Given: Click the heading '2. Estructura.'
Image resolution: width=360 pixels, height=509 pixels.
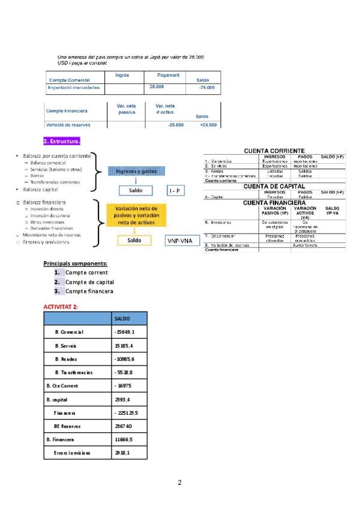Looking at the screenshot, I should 62,142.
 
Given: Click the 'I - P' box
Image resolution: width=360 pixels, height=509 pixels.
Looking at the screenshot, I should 174,190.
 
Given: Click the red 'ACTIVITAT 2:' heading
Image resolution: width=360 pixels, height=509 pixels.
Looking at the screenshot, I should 61,307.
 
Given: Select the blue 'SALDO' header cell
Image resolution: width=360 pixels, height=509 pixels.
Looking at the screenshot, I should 122,318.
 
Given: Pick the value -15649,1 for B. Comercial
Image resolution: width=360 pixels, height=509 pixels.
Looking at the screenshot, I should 125,332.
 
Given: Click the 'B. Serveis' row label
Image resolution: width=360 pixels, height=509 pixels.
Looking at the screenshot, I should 65,346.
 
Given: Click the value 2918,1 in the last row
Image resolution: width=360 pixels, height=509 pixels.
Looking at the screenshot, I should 122,453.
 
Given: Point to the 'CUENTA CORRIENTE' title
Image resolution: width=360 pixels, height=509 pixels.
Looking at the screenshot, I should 274,151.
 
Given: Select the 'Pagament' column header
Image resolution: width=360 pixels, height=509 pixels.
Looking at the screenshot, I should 168,75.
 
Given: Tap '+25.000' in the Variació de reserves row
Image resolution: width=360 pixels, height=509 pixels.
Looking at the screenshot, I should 208,125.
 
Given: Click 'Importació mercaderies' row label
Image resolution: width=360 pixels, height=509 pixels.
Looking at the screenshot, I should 74,88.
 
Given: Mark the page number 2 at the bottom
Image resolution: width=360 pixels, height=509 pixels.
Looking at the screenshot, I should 179,483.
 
